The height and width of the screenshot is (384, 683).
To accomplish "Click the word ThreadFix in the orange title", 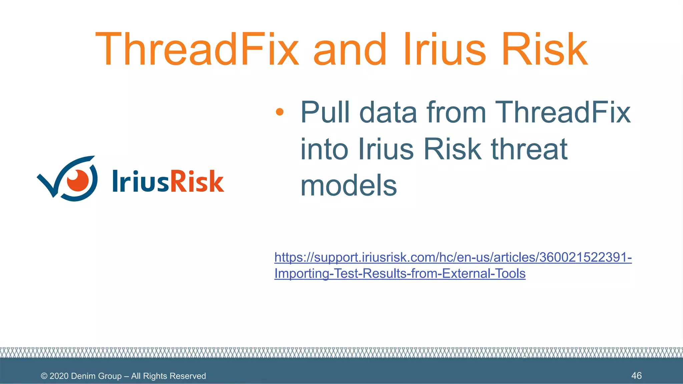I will (x=197, y=49).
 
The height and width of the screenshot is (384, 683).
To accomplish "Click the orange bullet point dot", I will (x=279, y=112).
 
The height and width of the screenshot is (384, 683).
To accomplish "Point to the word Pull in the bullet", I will (x=325, y=113).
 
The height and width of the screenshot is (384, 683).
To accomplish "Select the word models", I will (x=349, y=186).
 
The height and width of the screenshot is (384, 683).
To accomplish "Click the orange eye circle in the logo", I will (x=78, y=180).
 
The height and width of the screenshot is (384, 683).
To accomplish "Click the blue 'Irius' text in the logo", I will (x=140, y=181).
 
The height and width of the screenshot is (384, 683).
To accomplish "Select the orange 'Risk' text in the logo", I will (x=197, y=181).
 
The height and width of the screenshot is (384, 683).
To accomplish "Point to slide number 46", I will (x=636, y=376).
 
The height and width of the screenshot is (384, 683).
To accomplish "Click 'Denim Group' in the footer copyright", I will (x=96, y=376).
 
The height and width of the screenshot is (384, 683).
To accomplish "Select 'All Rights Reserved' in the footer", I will (x=168, y=376).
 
